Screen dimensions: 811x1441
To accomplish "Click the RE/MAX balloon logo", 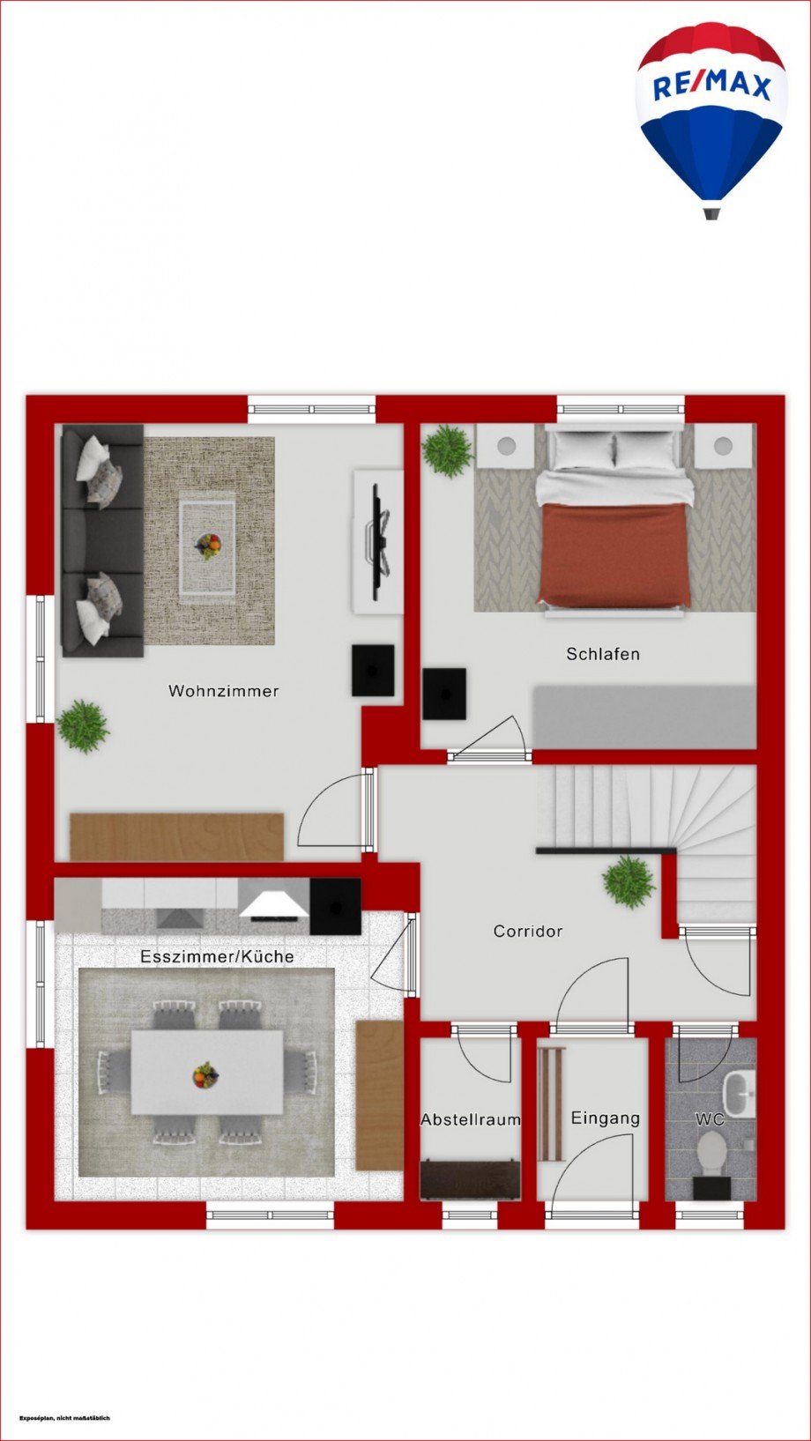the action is (711, 120).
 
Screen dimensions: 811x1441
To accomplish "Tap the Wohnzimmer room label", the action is (223, 691).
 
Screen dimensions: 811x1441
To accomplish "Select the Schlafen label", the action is (603, 654).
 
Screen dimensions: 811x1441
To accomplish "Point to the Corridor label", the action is (528, 931).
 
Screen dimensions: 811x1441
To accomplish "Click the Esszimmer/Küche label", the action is (217, 956).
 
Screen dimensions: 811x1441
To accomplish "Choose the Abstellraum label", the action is (471, 1119).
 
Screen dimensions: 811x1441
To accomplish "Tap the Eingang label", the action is (605, 1118).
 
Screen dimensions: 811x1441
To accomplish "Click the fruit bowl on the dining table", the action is (206, 1075).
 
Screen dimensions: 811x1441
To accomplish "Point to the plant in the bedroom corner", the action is (448, 449).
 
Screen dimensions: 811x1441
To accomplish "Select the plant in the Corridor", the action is (629, 882).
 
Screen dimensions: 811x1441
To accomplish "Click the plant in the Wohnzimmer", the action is (82, 726).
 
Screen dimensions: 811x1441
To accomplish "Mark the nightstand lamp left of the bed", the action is (507, 445).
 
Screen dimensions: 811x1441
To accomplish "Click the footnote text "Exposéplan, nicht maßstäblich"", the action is (65, 1417).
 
